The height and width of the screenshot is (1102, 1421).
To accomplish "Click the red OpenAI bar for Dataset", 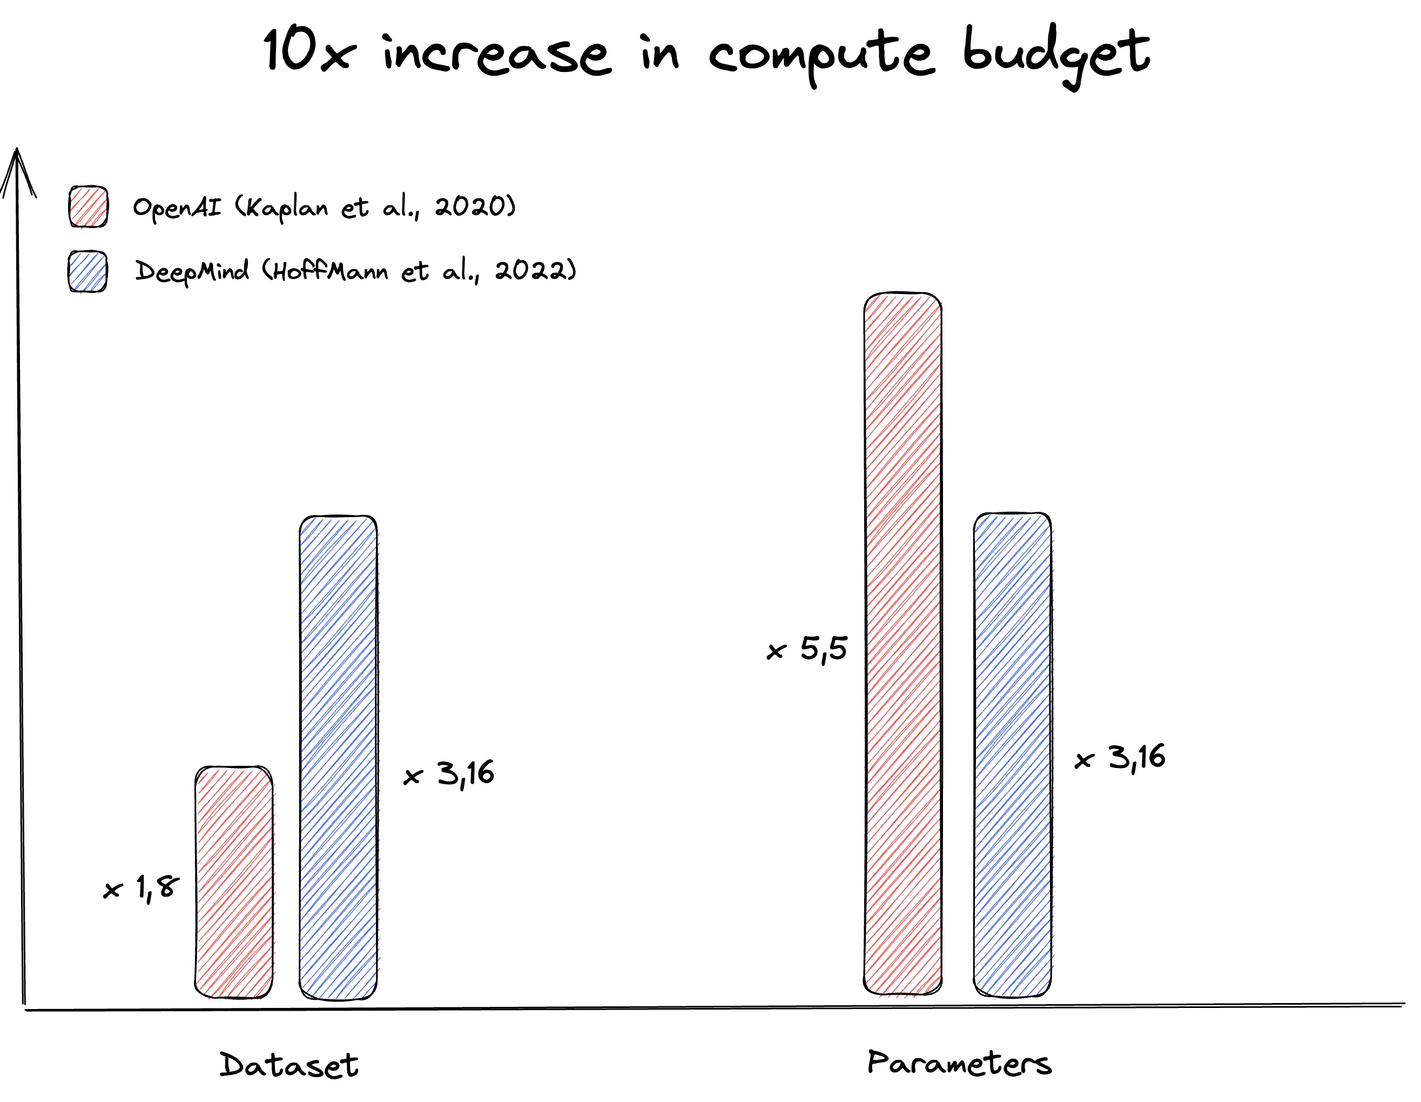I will pyautogui.click(x=233, y=882).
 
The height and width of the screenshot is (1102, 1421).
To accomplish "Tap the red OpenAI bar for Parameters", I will pyautogui.click(x=903, y=644).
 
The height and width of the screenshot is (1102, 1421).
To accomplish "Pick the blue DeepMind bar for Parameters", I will pyautogui.click(x=1012, y=755).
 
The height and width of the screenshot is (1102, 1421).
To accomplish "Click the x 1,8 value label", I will pyautogui.click(x=141, y=888).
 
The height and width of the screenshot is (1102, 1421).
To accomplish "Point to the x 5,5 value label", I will pyautogui.click(x=807, y=649).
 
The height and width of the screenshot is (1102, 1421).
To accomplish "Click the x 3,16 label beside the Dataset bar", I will pyautogui.click(x=449, y=774).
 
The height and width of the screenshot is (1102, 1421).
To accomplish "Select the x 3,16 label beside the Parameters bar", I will pyautogui.click(x=1120, y=758).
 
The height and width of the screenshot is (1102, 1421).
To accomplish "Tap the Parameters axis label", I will pyautogui.click(x=959, y=1064).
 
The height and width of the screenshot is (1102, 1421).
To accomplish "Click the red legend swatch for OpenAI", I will pyautogui.click(x=89, y=207).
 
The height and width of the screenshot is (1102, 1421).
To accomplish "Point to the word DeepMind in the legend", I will pyautogui.click(x=192, y=271).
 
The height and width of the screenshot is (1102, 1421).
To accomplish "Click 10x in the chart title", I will pyautogui.click(x=309, y=52).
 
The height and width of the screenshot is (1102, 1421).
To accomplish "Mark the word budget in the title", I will pyautogui.click(x=1056, y=55).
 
